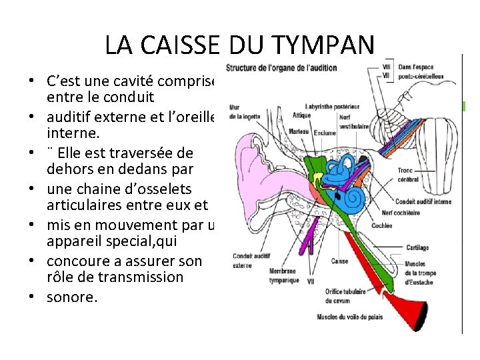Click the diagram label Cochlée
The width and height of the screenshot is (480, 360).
(382, 226)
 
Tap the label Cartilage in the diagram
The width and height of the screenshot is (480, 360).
(417, 247)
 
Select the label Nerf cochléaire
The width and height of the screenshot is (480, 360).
(401, 213)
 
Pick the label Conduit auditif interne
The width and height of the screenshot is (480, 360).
(423, 201)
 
